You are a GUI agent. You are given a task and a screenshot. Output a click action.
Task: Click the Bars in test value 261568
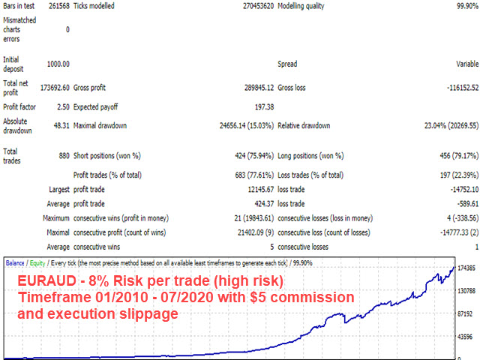coord(55,6)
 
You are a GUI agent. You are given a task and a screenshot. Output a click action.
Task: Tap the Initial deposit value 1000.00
coord(55,64)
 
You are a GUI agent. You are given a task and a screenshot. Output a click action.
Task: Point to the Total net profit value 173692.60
coord(53,88)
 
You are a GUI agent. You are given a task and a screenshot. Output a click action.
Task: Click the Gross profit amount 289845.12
coord(252,88)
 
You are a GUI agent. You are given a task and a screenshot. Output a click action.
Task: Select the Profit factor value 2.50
coord(61,107)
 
